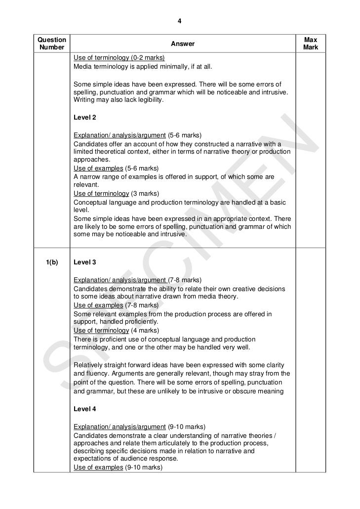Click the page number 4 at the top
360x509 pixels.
(180, 21)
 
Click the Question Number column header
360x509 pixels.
(52, 43)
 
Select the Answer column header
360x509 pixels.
(183, 44)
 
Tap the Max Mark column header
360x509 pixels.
(311, 43)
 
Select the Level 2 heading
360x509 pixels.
(84, 118)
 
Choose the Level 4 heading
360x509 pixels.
(84, 409)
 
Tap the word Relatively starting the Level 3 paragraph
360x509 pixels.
(90, 365)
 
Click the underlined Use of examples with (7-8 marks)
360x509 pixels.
(98, 305)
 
